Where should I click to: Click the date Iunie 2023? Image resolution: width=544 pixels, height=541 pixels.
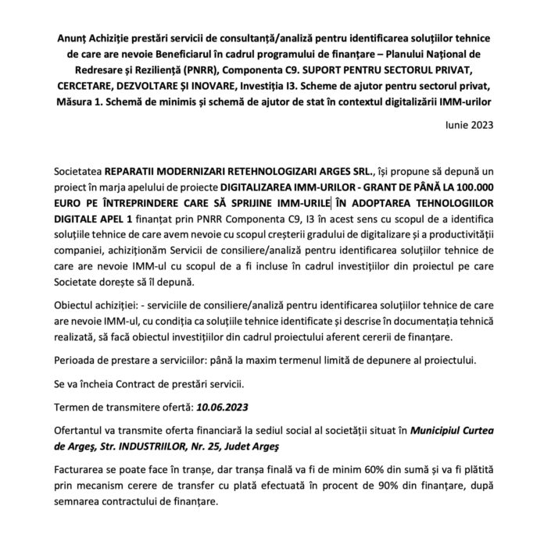470,123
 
